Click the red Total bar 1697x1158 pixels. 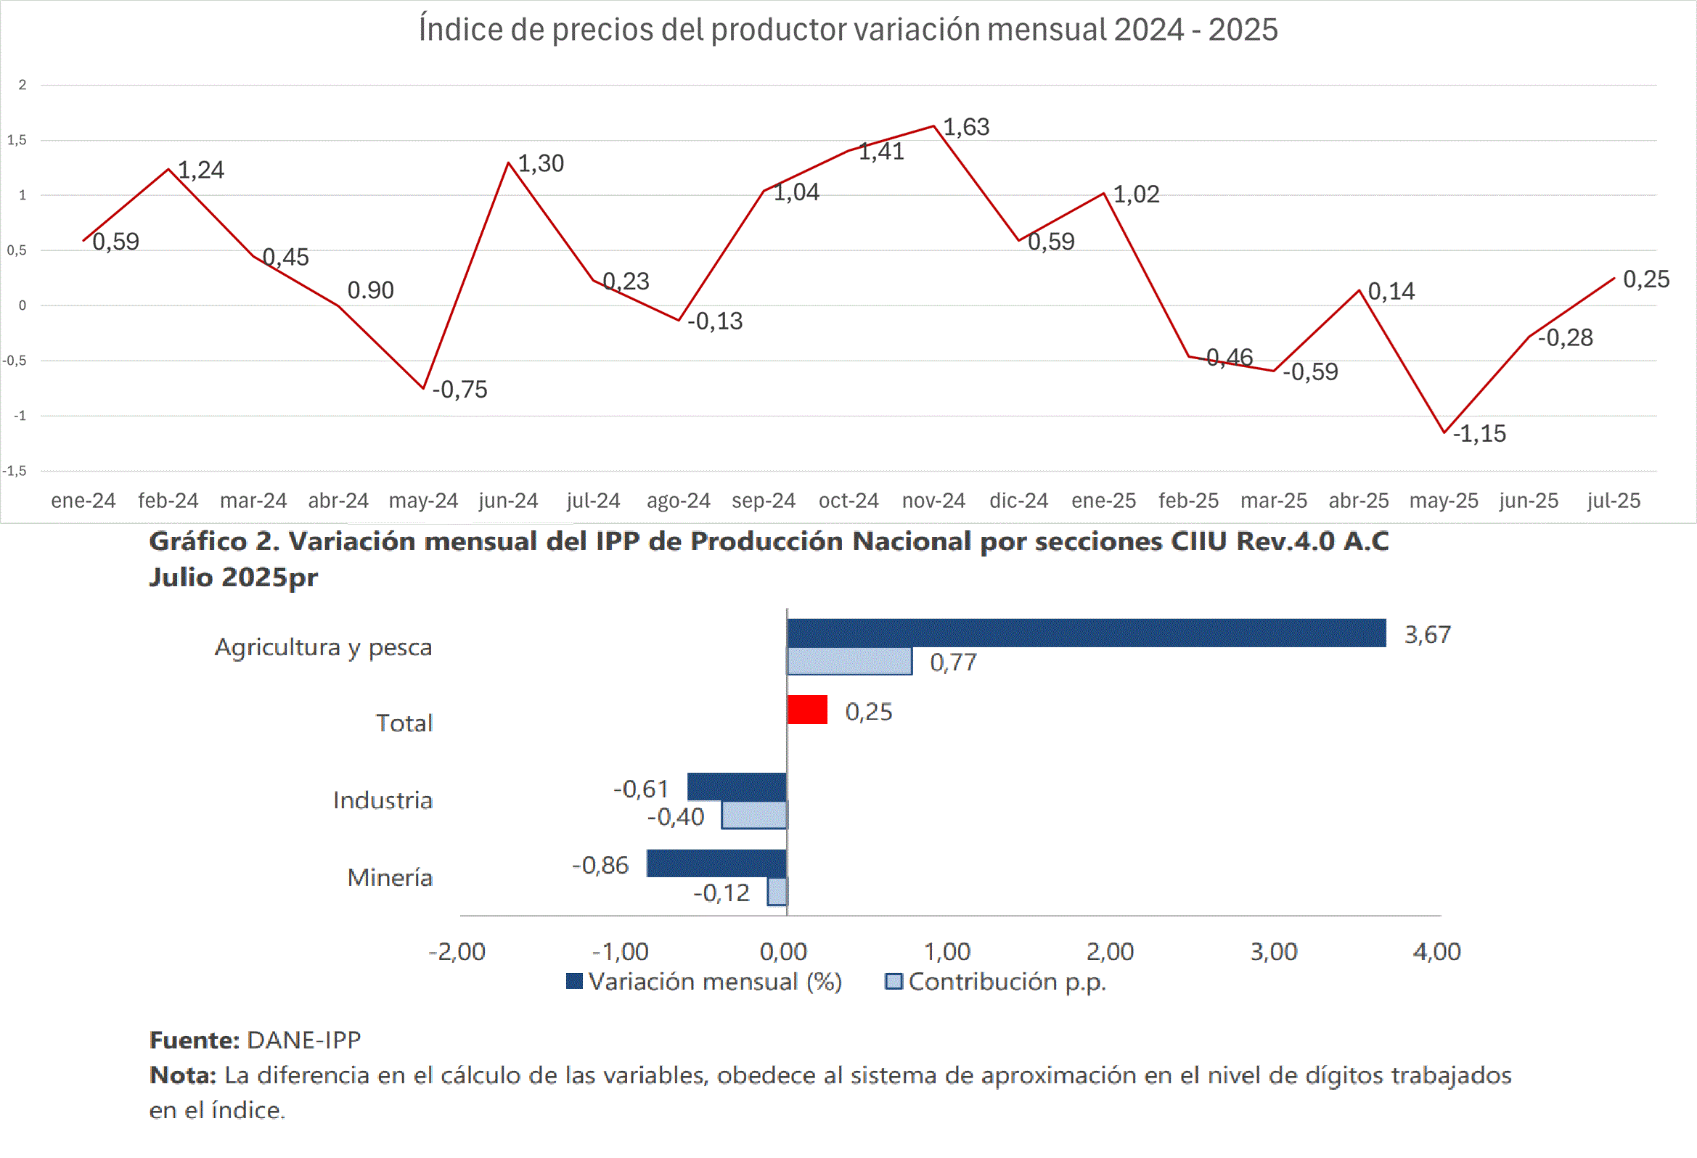tap(807, 710)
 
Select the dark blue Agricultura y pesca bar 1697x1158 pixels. tap(1086, 633)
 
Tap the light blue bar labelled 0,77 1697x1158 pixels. tap(849, 662)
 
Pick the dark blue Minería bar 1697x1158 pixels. tap(716, 863)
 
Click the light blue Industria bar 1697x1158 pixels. tap(754, 816)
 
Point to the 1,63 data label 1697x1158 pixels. tap(966, 127)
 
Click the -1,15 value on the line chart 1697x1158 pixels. tap(1479, 434)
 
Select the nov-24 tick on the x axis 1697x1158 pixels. tap(933, 501)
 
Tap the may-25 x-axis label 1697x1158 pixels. tap(1443, 501)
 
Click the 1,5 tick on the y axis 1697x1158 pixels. tap(17, 140)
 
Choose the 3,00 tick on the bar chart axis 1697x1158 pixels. tap(1274, 952)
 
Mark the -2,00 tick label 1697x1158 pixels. tap(457, 952)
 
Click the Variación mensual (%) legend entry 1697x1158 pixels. tap(705, 982)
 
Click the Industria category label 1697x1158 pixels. tap(383, 800)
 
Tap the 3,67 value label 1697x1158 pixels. tap(1428, 634)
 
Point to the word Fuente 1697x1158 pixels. tap(195, 1040)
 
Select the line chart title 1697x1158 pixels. tap(848, 30)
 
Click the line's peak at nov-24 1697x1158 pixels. tap(933, 126)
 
